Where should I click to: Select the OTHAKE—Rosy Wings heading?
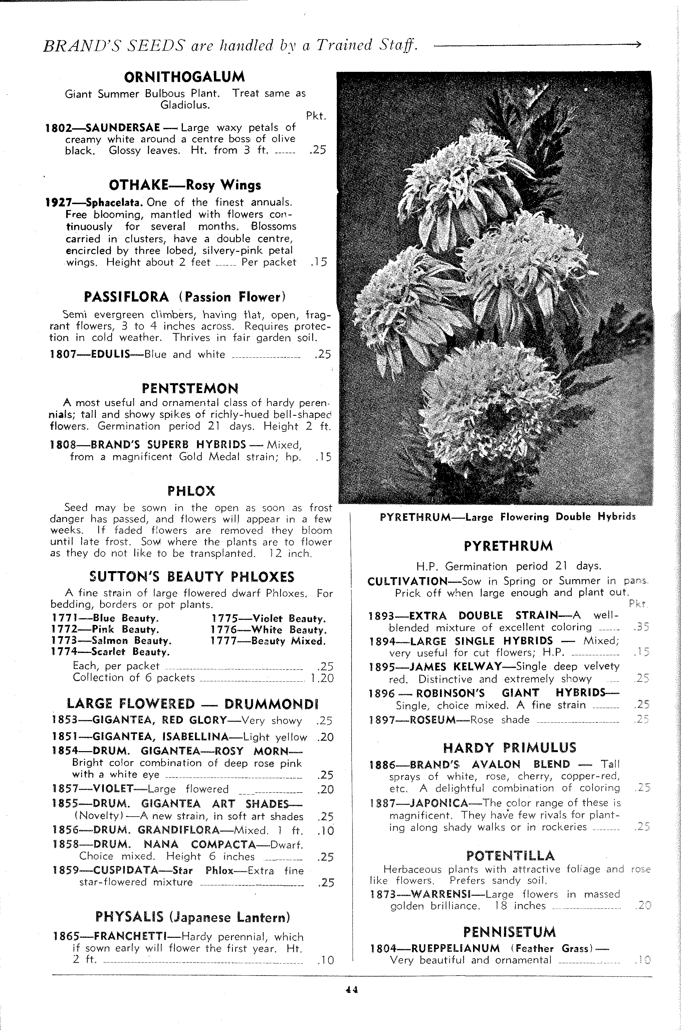point(185,185)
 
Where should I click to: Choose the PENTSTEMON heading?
point(190,388)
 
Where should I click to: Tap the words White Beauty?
point(289,630)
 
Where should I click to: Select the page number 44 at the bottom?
point(352,990)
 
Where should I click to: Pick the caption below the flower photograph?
point(507,517)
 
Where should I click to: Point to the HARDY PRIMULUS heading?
point(509,748)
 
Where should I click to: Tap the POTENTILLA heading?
point(510,856)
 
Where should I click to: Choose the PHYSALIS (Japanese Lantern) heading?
point(192,917)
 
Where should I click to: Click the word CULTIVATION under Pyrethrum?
point(407,581)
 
